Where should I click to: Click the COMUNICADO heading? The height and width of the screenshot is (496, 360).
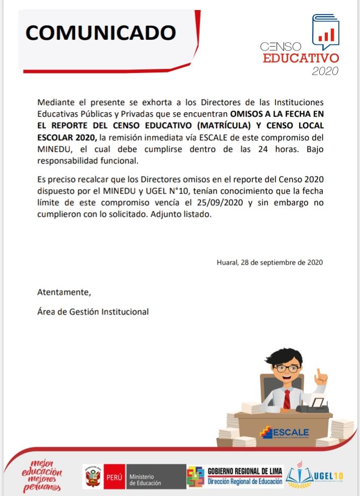(x=101, y=32)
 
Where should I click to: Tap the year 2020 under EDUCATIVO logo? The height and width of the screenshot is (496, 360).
(x=325, y=71)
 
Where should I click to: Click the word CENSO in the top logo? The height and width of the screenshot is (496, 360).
(x=281, y=47)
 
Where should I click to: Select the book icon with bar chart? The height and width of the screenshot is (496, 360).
(x=326, y=30)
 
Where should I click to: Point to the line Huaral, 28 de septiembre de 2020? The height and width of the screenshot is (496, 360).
(x=269, y=262)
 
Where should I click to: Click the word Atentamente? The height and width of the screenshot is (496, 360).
(x=64, y=292)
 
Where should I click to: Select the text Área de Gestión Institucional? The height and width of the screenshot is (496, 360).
(x=93, y=311)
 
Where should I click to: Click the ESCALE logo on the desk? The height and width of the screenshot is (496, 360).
(x=285, y=432)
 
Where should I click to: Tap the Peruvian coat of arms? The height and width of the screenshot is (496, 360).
(x=94, y=476)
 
